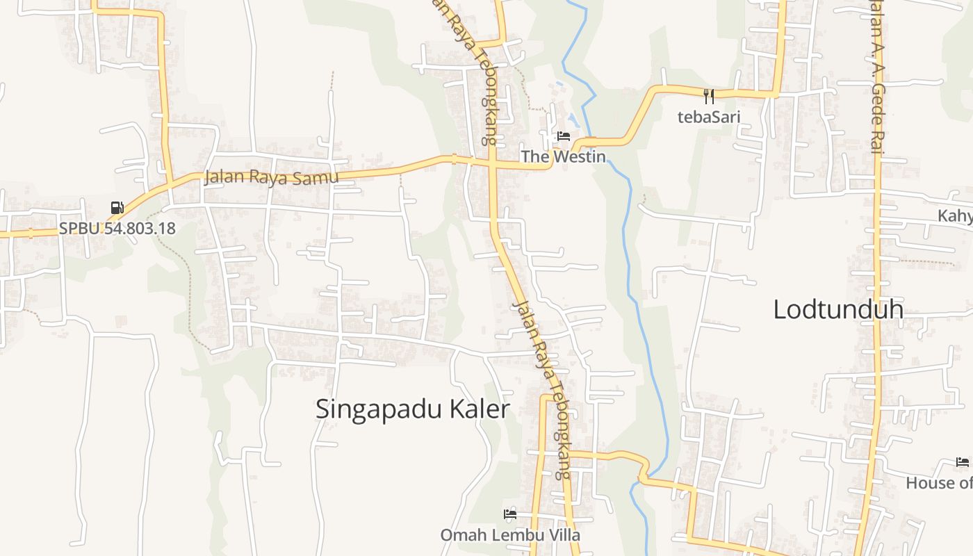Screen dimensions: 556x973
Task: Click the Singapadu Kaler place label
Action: (413, 409)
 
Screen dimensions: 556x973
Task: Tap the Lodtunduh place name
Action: (838, 309)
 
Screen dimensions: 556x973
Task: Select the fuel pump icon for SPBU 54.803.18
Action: (117, 207)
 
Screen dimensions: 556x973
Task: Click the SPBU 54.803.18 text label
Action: (117, 228)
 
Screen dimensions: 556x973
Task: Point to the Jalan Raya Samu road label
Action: (271, 177)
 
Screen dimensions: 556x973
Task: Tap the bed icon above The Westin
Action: (564, 136)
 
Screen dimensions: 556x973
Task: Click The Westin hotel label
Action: (564, 156)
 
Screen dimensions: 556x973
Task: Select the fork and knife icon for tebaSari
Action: (709, 97)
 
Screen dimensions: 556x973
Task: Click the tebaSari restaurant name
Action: (709, 116)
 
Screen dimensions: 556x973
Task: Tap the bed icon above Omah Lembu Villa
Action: (510, 514)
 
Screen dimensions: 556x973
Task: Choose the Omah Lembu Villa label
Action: (510, 535)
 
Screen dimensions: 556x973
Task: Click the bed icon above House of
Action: (963, 462)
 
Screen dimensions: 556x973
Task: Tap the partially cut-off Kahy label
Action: (956, 215)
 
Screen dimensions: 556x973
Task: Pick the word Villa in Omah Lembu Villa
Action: (564, 535)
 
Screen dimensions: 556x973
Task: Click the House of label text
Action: (939, 482)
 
